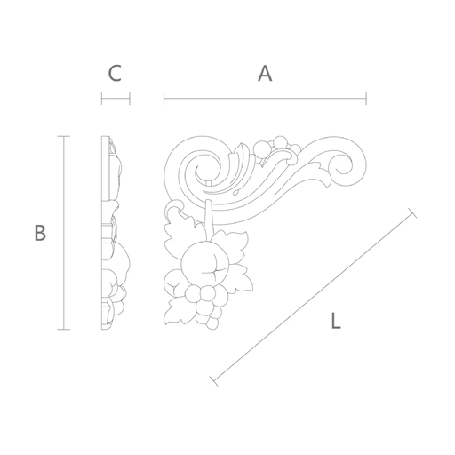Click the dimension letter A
265,74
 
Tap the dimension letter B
40,233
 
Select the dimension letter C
115,74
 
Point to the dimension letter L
335,321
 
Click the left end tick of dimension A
164,99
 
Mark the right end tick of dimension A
366,99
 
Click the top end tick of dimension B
64,136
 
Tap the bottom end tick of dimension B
64,329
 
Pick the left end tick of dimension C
101,99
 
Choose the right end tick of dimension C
130,99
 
